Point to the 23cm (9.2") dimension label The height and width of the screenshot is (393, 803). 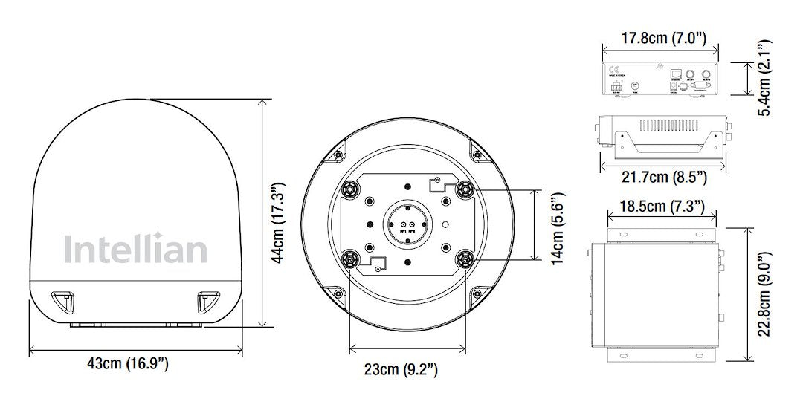(405, 369)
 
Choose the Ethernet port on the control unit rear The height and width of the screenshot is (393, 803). (674, 74)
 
